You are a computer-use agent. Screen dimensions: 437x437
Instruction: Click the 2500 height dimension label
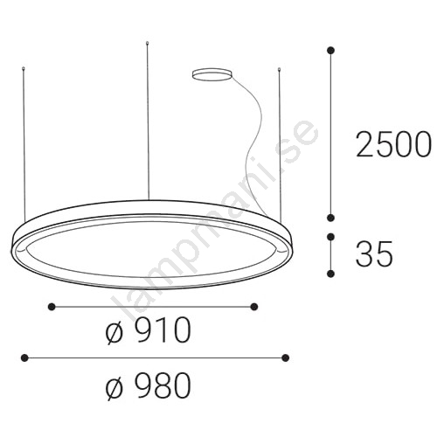tap(393, 144)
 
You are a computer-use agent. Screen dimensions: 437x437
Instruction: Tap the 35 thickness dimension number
tap(374, 253)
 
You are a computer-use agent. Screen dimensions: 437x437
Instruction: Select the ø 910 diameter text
tap(149, 330)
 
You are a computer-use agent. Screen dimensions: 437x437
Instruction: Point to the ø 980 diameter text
tap(149, 386)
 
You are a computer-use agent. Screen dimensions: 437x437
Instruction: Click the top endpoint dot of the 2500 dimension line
tap(330, 51)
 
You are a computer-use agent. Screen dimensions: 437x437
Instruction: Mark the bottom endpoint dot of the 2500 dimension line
tap(330, 218)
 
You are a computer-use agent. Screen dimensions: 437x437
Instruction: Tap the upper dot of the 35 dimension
tap(330, 237)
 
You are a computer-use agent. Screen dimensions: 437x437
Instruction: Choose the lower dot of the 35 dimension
tap(330, 274)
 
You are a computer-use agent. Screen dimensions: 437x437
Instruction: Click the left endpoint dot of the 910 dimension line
tap(52, 306)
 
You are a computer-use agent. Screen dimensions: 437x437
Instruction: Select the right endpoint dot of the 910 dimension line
tap(254, 306)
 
